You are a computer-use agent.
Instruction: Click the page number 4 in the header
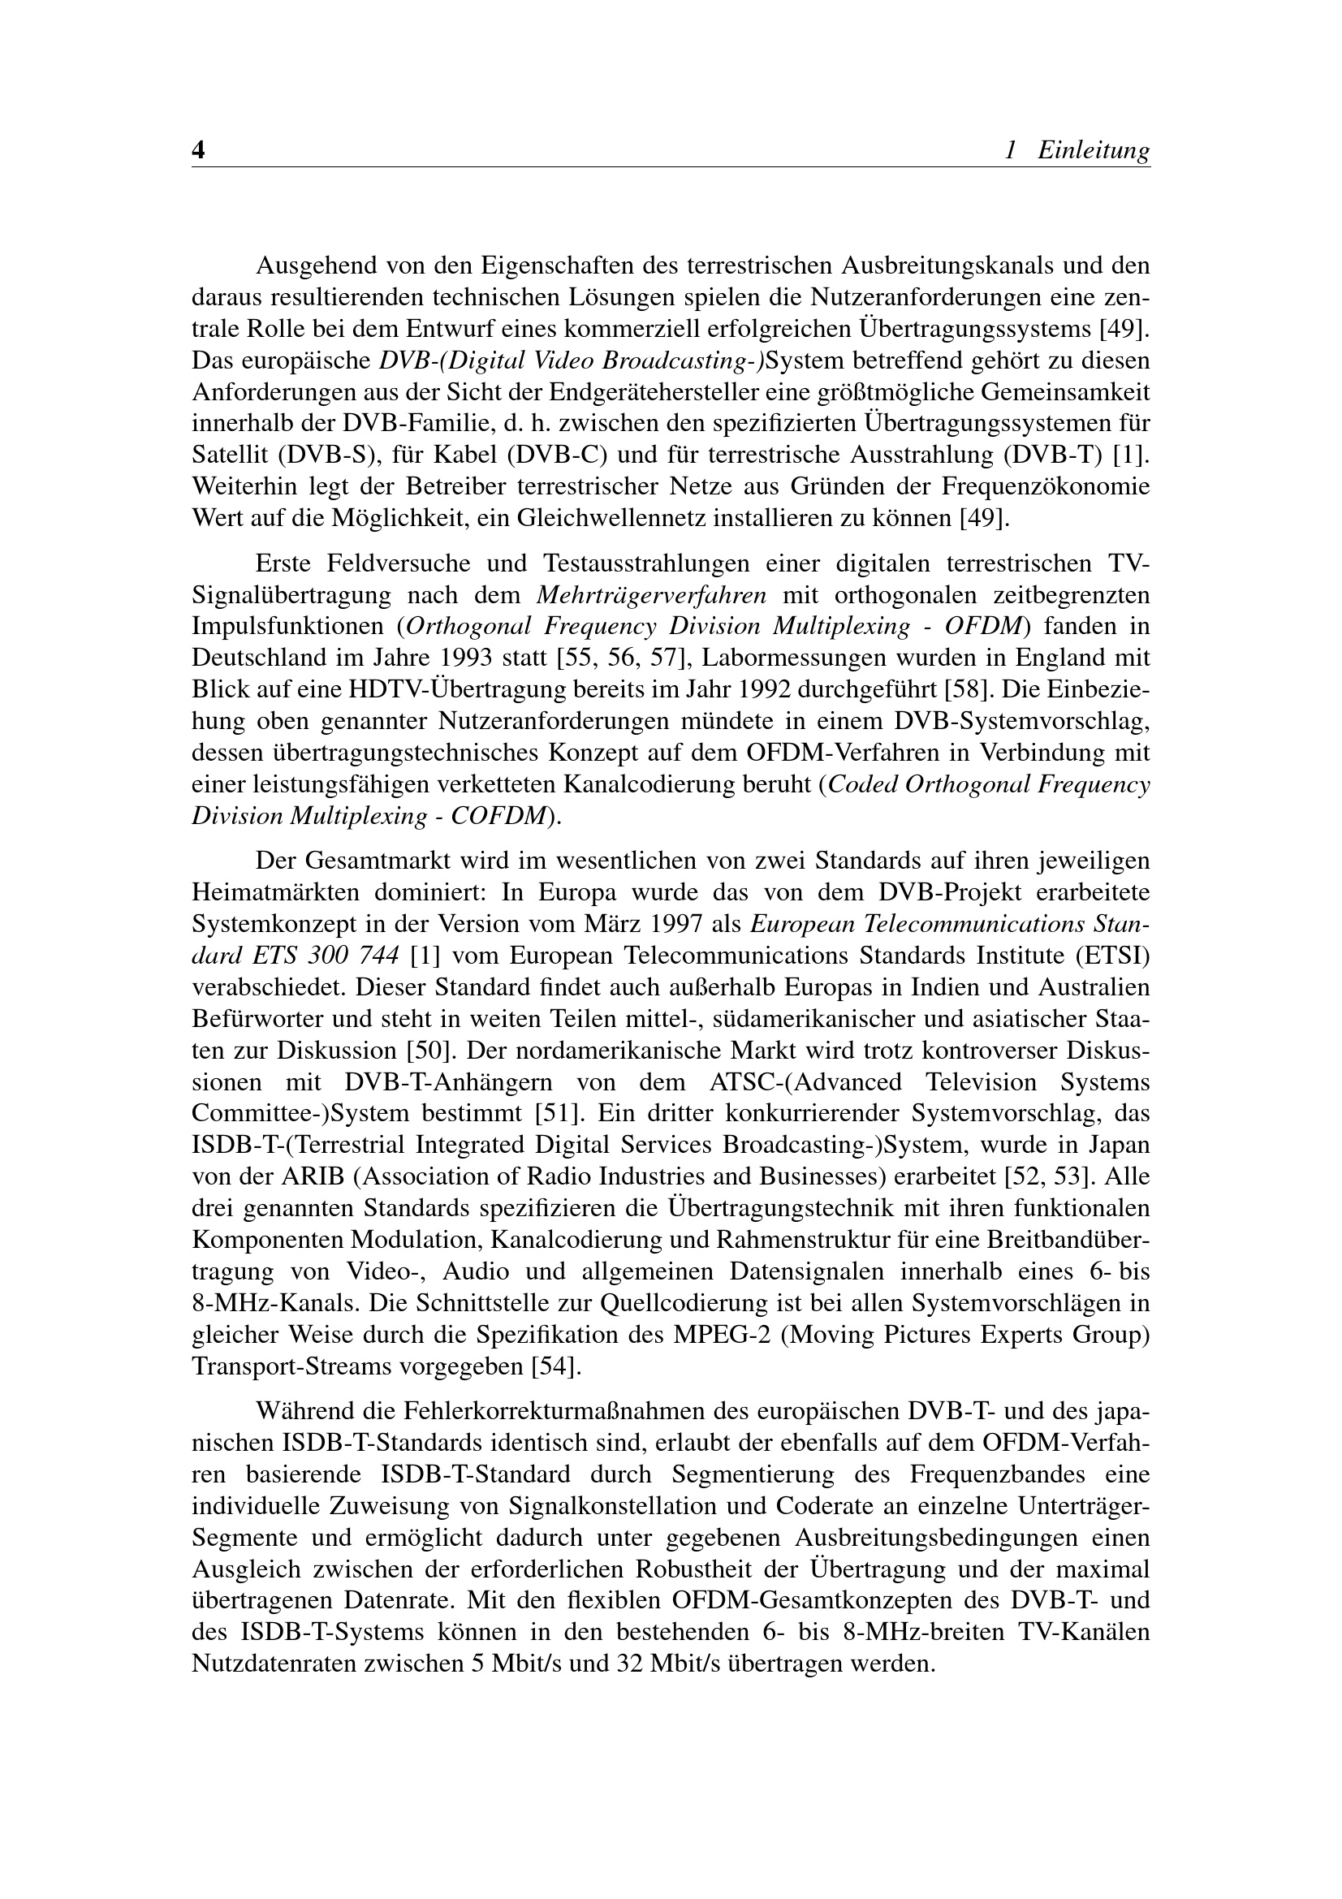coord(198,150)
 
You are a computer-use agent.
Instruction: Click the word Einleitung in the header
coord(1093,150)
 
